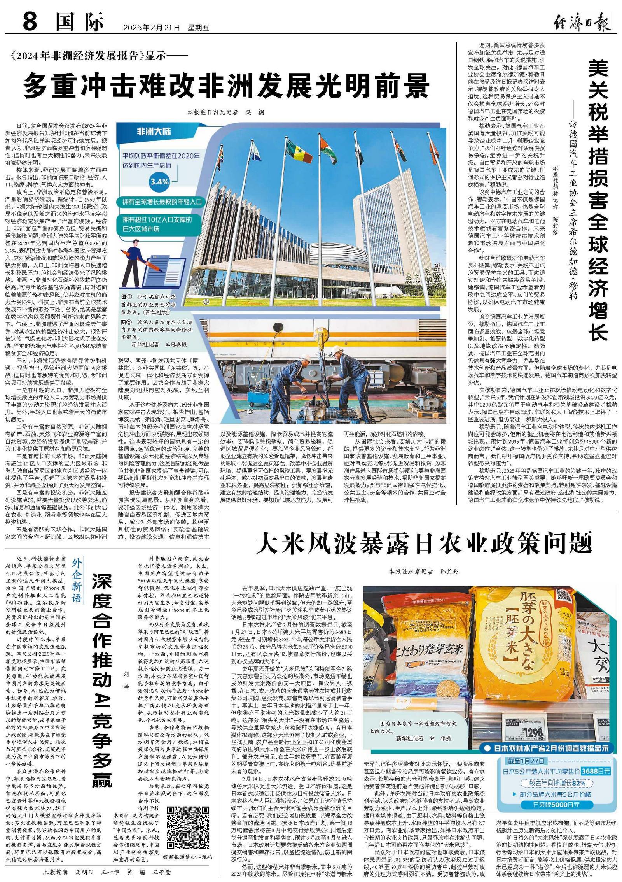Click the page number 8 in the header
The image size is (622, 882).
click(x=30, y=21)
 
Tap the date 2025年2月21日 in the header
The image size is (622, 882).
click(x=152, y=28)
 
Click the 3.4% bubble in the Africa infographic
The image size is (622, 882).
click(x=159, y=181)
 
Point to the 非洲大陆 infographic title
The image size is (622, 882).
click(x=154, y=132)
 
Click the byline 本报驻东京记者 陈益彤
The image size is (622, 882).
click(x=424, y=572)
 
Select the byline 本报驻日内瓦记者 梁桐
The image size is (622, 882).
click(x=225, y=112)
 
